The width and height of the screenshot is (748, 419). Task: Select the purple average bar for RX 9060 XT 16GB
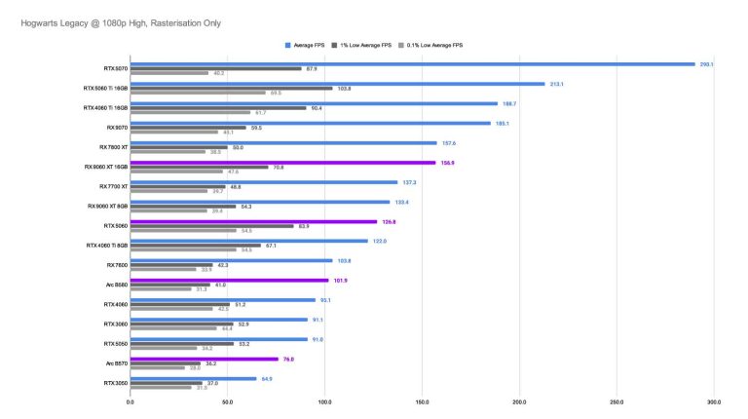[x=282, y=163]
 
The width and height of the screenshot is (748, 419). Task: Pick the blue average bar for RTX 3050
[x=193, y=379]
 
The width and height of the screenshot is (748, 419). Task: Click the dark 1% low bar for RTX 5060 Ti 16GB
[x=232, y=89]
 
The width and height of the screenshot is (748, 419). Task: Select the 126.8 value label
[x=389, y=222]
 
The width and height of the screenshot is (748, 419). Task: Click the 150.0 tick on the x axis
[x=422, y=401]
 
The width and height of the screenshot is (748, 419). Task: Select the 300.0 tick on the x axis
[x=714, y=401]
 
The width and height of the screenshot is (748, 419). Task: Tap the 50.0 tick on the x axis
[x=227, y=401]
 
